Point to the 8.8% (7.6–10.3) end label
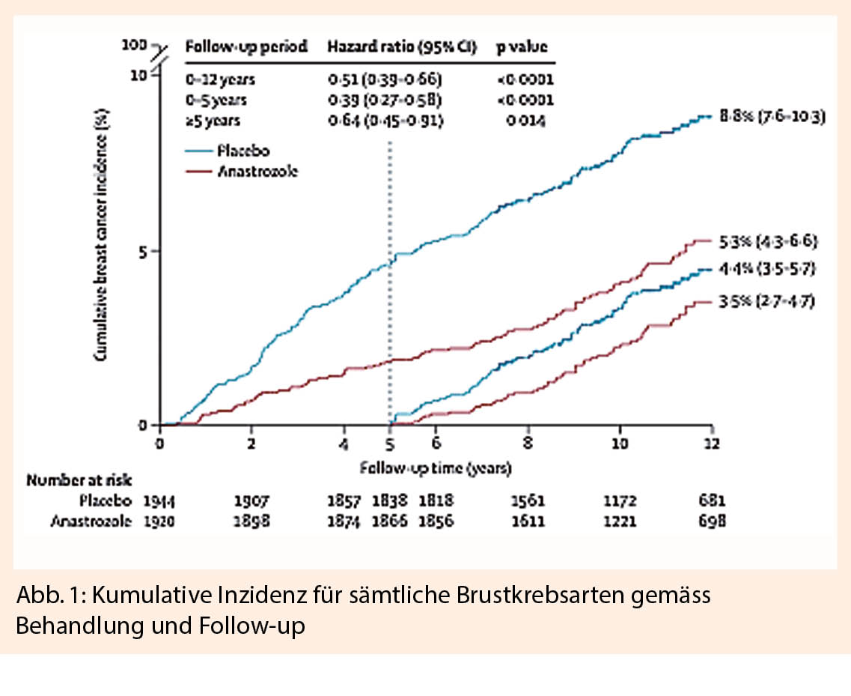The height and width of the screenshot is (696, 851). pyautogui.click(x=771, y=117)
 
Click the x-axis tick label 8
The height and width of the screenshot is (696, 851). pyautogui.click(x=528, y=443)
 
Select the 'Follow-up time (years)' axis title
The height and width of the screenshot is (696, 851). pyautogui.click(x=435, y=469)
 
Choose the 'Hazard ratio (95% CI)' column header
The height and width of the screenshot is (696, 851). pyautogui.click(x=405, y=46)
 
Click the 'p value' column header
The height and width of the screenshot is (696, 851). pyautogui.click(x=522, y=46)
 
